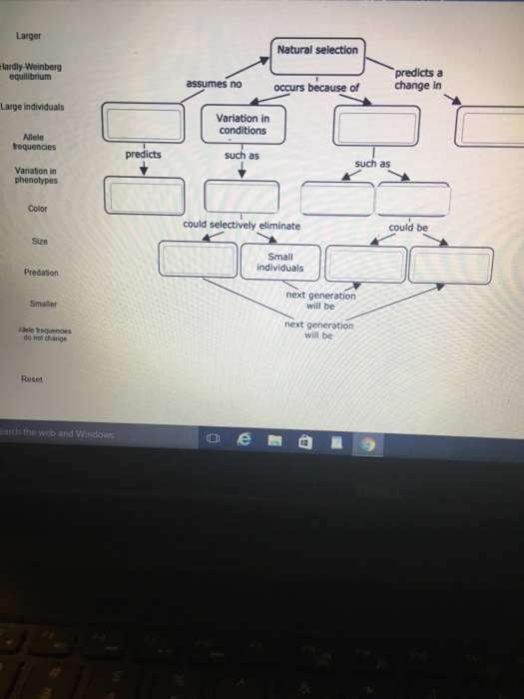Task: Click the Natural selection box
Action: [x=318, y=50]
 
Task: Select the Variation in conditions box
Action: [x=242, y=124]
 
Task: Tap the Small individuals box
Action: [x=281, y=261]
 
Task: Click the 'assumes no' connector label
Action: [x=213, y=85]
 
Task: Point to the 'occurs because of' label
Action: [x=316, y=88]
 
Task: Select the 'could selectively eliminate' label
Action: [x=241, y=225]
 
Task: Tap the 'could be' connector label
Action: [x=408, y=227]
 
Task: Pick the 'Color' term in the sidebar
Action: [x=37, y=209]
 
